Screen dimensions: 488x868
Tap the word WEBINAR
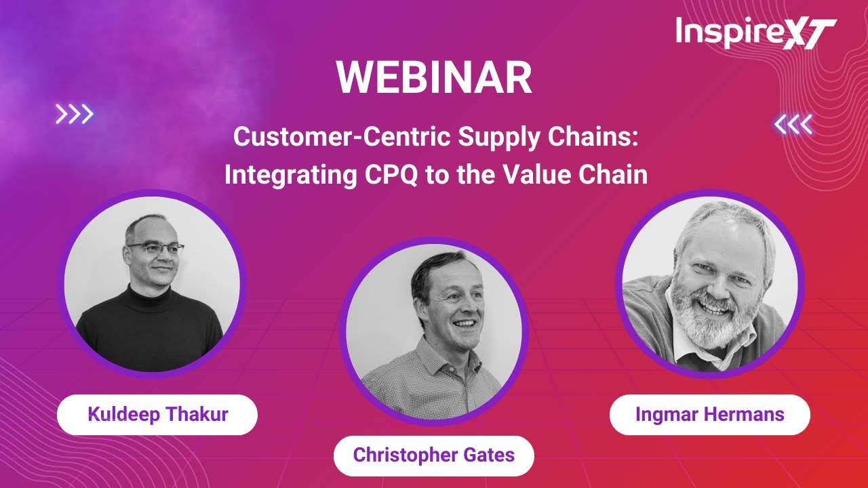coord(434,78)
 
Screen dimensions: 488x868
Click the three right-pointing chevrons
coord(75,115)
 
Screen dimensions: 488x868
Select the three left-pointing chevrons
coord(793,124)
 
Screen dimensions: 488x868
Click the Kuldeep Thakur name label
coord(157,414)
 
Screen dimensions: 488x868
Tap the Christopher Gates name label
coord(434,455)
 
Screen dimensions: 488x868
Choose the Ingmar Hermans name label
coord(709,414)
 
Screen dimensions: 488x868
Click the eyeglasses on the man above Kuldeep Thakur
coord(156,249)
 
